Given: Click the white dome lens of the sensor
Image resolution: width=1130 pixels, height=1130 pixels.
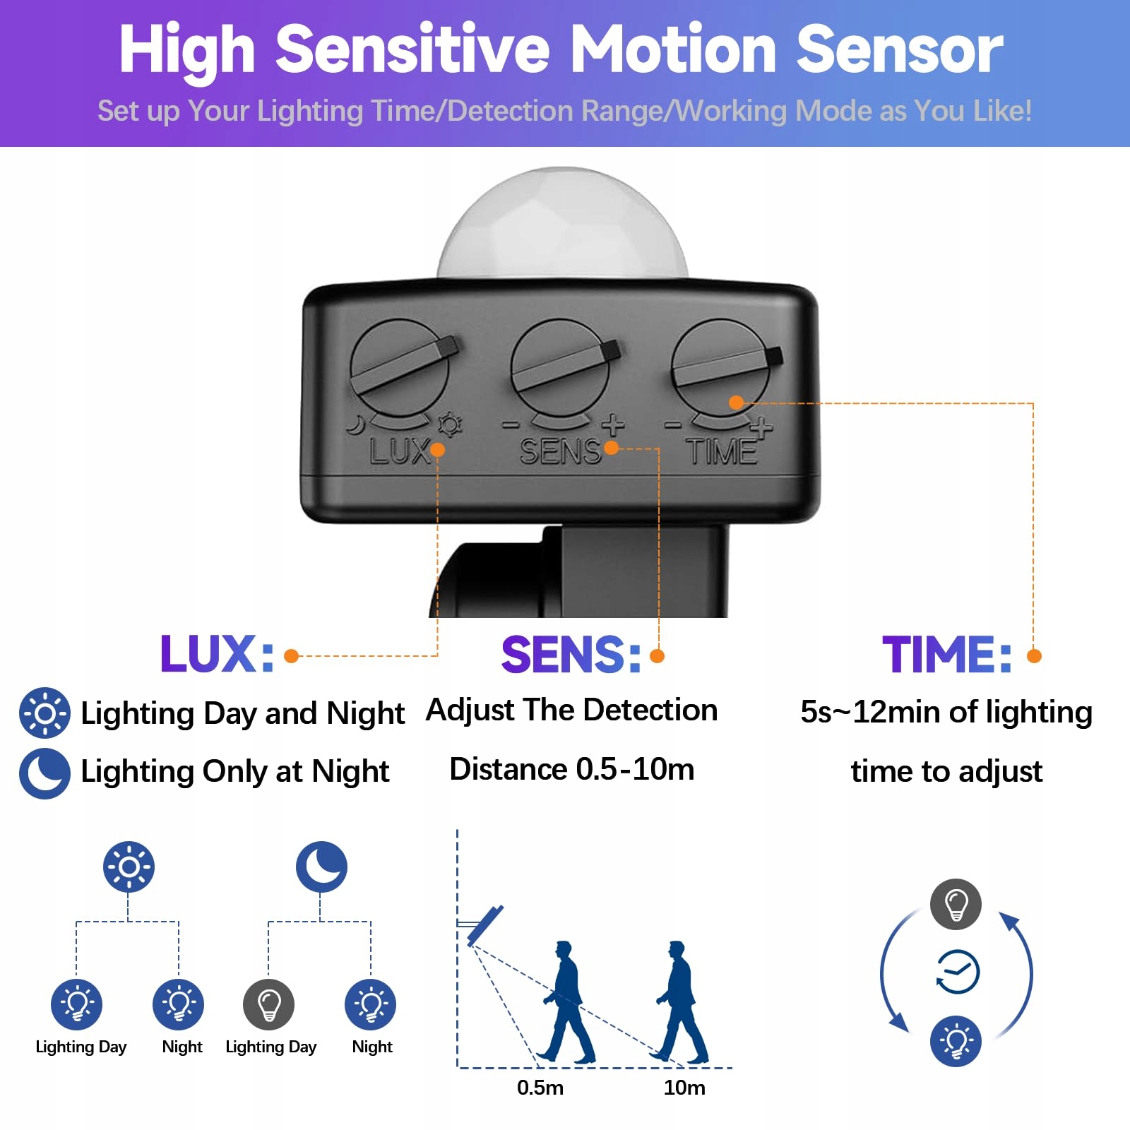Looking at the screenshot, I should (x=562, y=226).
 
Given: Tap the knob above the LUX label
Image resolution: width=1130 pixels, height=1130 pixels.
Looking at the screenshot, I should (x=400, y=368).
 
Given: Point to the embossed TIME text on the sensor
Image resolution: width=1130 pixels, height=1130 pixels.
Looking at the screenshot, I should (x=722, y=451).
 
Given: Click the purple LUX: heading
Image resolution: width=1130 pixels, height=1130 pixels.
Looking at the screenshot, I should (x=216, y=654).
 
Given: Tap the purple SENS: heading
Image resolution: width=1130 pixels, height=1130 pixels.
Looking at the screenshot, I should (x=571, y=654).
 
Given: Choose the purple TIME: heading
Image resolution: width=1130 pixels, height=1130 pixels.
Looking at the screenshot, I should (x=946, y=654).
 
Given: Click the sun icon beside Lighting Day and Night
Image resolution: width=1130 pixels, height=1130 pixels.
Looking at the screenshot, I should (x=44, y=713).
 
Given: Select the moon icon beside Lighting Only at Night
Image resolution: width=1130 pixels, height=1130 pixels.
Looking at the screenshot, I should (x=44, y=773).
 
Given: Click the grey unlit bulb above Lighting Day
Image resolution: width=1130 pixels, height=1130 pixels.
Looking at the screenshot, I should (x=268, y=1004).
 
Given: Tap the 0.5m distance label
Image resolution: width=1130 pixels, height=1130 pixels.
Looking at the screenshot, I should (x=540, y=1088).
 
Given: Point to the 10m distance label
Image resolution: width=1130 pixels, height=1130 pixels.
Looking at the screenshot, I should (x=684, y=1088).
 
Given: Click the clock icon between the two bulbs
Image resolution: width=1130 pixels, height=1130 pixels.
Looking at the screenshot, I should (x=957, y=973).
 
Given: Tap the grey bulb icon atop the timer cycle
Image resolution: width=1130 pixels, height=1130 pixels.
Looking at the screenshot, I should (x=956, y=904).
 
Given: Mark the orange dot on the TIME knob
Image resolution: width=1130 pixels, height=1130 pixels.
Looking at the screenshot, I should (x=736, y=403).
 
